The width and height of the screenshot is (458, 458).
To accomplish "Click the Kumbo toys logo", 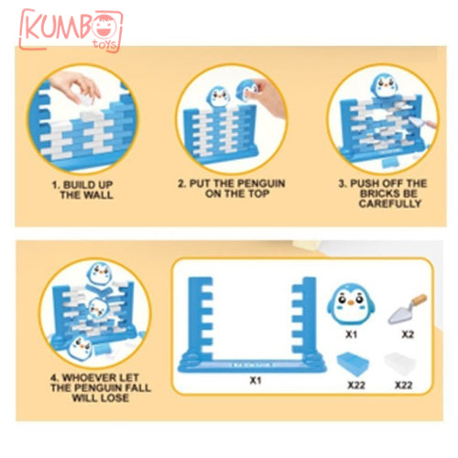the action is tap(71, 30).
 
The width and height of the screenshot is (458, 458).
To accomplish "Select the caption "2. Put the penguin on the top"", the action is tap(232, 188).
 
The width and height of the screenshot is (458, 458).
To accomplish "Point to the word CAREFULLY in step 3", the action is tap(390, 203).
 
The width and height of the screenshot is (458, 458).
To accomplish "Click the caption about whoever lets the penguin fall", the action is tap(101, 387).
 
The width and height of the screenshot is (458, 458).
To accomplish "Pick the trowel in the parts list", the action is tap(408, 309).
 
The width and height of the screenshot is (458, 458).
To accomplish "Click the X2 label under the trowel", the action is tap(408, 334).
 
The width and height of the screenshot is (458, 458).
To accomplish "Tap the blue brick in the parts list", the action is tap(354, 364).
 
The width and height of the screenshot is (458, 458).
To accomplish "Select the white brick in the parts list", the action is tap(400, 363).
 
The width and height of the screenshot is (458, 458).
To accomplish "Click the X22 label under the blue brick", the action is tap(356, 385).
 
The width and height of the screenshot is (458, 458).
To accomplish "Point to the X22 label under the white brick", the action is tap(404, 385).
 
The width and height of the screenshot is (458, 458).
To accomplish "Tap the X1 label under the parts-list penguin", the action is tap(351, 334).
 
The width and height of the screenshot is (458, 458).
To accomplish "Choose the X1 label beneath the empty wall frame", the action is tap(256, 380).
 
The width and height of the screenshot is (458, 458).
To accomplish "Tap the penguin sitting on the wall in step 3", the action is tap(385, 85).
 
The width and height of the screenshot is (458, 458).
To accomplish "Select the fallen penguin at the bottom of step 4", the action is tap(80, 347).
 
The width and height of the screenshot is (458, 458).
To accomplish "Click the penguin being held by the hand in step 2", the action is tap(246, 91).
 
